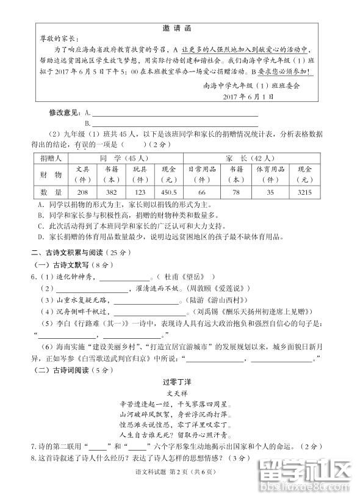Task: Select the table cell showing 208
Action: [x=84, y=192]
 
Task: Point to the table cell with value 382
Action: [x=112, y=192]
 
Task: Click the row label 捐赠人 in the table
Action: [x=50, y=158]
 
